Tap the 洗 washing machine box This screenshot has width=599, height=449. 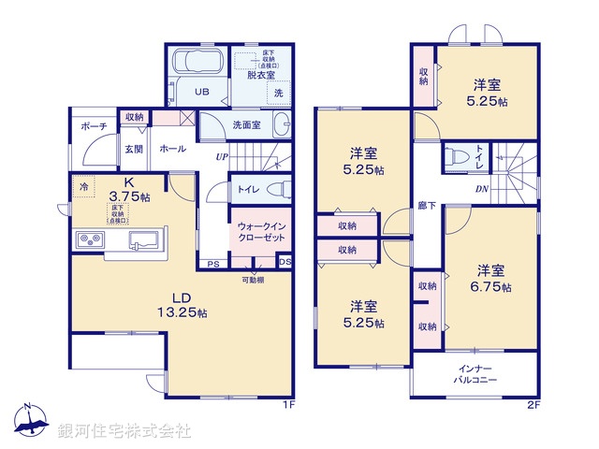click(x=277, y=93)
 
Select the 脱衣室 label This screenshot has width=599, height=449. click(x=258, y=76)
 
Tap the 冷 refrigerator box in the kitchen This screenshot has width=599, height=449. click(x=84, y=187)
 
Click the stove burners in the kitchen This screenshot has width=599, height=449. click(x=90, y=241)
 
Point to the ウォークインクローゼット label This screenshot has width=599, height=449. click(x=256, y=232)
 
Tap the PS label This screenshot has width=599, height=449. click(x=213, y=263)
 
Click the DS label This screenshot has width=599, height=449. click(x=285, y=262)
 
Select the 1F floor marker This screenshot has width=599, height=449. click(x=290, y=406)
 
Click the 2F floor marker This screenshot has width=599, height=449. click(x=533, y=406)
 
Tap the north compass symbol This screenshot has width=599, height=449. click(x=28, y=421)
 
